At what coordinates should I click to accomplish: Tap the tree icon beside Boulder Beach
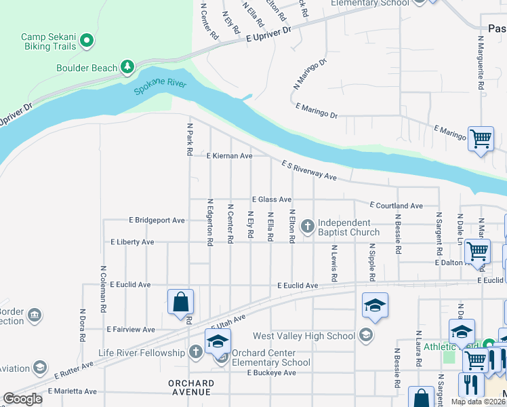click(126, 66)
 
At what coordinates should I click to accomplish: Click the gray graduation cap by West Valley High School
click(366, 335)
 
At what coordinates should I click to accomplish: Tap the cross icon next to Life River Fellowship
click(196, 351)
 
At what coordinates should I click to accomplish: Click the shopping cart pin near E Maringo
click(481, 139)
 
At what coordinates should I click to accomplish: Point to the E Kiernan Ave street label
click(229, 155)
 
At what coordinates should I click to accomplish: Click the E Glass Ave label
click(271, 199)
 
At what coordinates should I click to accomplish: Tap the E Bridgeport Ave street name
click(157, 220)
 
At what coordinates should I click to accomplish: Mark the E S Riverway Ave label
click(309, 170)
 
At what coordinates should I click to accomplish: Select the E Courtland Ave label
click(396, 206)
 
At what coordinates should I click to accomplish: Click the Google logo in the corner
click(23, 399)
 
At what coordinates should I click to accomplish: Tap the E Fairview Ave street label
click(131, 329)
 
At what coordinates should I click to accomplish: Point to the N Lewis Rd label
click(333, 264)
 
